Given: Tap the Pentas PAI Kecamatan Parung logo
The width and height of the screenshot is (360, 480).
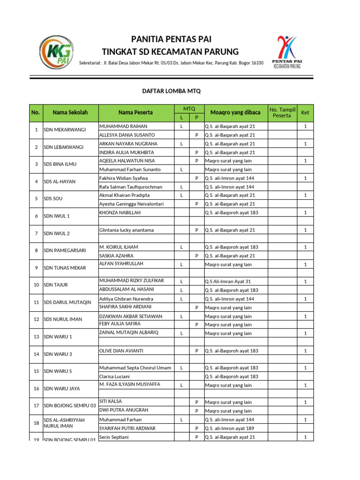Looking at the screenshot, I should point(287,52).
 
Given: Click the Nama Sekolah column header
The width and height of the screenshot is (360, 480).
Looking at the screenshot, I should point(70,112).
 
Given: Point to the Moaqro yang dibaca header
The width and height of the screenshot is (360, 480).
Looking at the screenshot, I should point(234,112).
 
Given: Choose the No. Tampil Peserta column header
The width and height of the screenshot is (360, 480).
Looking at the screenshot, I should point(282,112).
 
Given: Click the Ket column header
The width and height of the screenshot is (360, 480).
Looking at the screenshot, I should point(305,112).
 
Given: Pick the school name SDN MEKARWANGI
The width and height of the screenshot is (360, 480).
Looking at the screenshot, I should point(65,130).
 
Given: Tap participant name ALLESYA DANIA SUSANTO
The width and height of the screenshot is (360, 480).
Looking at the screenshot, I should point(127,135).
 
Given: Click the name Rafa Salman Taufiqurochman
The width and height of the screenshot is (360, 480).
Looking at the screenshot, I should point(131,187).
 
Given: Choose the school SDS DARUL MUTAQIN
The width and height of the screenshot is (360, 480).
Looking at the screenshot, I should point(67,302).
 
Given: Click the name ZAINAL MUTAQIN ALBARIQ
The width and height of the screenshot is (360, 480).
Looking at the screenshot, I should point(129,332).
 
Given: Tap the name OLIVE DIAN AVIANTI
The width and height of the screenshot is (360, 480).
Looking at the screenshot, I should point(121,351).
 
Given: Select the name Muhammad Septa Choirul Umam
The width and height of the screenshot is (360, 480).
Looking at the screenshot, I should point(135,368).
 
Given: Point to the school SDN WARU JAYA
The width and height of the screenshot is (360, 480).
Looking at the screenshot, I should point(62,389).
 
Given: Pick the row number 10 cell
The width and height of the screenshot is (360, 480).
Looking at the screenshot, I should point(36,285).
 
